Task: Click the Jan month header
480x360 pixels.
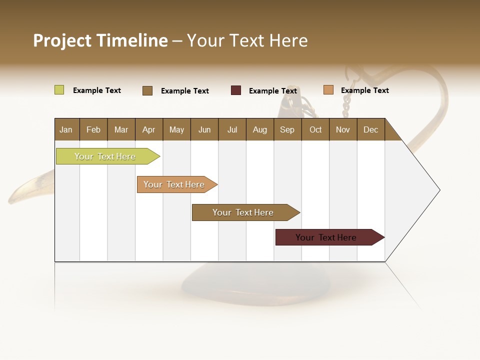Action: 66,130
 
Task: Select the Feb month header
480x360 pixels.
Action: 93,130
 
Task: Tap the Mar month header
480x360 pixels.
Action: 121,130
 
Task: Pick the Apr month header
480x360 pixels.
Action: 148,130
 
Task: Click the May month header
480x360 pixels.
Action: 176,130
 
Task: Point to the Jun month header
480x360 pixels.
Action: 204,130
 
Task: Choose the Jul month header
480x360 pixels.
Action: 232,130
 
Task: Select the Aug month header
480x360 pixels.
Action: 259,130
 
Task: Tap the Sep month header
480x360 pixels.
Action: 287,130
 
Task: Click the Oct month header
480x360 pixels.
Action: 315,130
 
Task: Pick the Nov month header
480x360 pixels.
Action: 343,130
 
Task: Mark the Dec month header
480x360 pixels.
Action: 370,130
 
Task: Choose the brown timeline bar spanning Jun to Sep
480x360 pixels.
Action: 243,212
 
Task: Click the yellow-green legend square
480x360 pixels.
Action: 59,90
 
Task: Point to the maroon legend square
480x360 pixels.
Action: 236,90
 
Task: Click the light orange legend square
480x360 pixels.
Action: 328,90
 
